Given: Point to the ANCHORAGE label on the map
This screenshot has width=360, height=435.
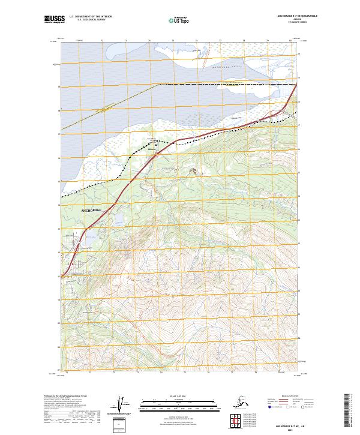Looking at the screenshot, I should click(x=92, y=211).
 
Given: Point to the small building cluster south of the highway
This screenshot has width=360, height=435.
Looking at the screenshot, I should click(x=193, y=172).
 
